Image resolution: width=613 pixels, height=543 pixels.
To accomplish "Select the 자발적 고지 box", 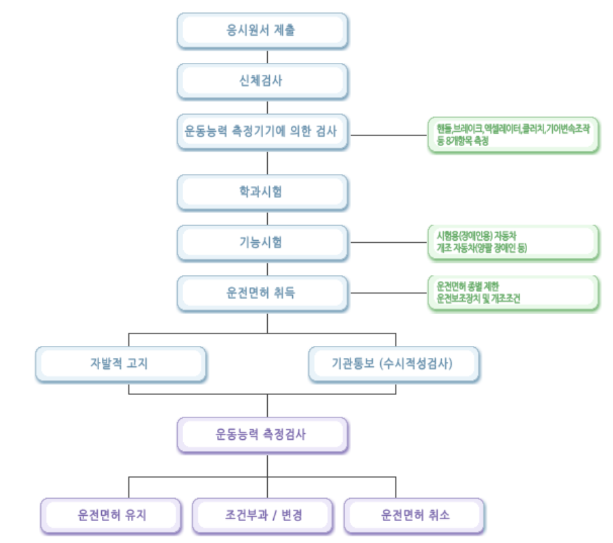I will (x=120, y=363).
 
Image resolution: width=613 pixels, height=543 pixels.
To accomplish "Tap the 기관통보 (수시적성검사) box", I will (x=393, y=363).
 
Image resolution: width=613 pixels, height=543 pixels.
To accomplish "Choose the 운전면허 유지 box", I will (x=110, y=515).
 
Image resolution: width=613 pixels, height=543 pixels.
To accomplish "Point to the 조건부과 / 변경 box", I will (x=262, y=515).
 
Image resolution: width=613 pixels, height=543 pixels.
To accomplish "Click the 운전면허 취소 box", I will (x=414, y=515).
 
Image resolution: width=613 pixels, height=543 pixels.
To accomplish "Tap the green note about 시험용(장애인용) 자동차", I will (x=513, y=242).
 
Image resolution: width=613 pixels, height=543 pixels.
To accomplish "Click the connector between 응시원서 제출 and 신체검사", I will (x=267, y=55).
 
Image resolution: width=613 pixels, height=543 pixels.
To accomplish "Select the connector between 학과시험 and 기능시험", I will (x=267, y=217).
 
